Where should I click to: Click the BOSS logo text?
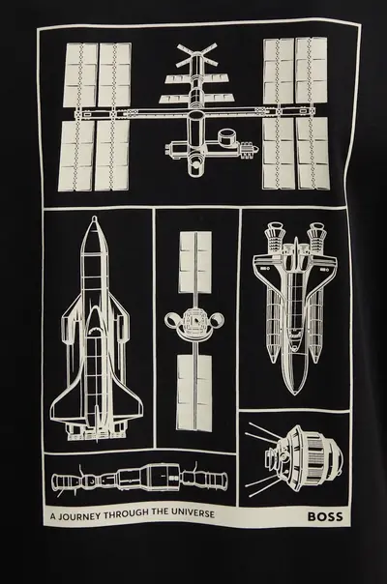325,516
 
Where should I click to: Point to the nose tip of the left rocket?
95,217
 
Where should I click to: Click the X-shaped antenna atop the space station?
196,54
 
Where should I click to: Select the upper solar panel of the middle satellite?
195,260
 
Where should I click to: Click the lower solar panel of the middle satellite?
193,393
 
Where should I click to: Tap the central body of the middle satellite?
194,323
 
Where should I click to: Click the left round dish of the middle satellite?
172,320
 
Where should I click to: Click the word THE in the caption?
161,514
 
